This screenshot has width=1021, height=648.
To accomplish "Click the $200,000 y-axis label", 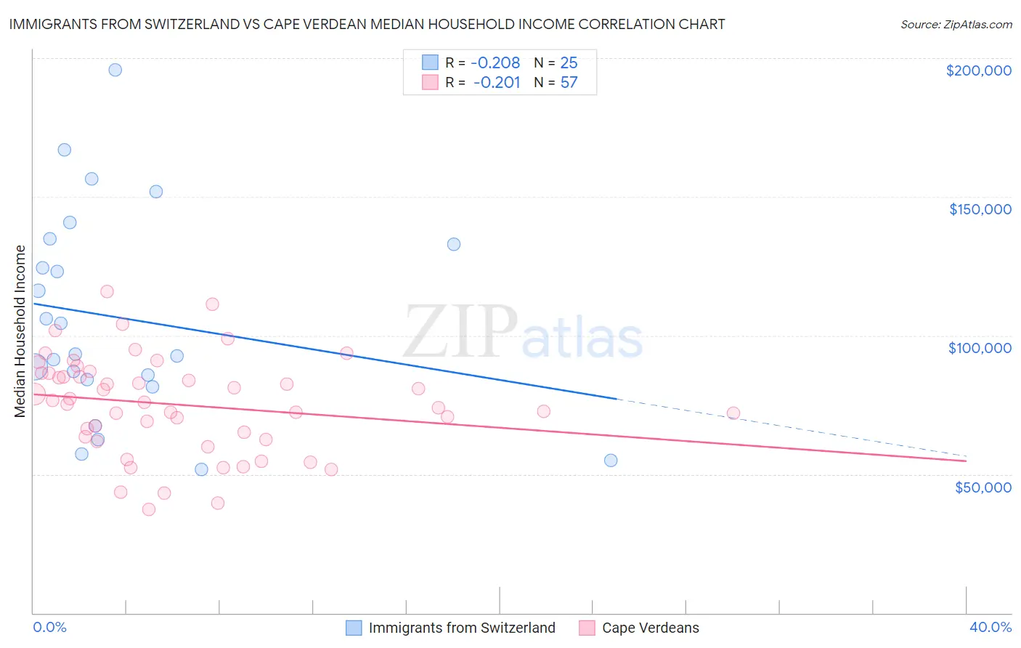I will click(x=978, y=70).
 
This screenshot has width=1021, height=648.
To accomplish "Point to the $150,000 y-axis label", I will click(x=980, y=209).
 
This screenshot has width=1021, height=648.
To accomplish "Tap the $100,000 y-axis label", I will click(x=980, y=348).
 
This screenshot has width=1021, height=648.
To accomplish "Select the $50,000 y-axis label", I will click(x=983, y=487).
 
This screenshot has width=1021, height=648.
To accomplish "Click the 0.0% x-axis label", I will click(x=49, y=627).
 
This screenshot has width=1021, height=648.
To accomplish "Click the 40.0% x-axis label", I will click(x=991, y=627).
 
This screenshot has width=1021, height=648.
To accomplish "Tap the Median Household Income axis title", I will click(x=20, y=331).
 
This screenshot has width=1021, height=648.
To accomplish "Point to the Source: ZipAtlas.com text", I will click(x=956, y=25).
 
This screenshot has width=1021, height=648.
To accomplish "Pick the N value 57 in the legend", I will click(x=569, y=82).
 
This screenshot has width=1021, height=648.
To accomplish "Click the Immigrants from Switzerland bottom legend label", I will click(x=462, y=628).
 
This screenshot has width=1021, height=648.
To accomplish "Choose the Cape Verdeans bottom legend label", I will click(x=651, y=628).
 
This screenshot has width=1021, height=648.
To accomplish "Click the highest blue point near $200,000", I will click(x=115, y=70).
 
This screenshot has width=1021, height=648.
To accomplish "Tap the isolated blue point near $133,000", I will click(x=454, y=244).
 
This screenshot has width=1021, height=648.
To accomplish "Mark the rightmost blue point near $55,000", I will click(x=611, y=460).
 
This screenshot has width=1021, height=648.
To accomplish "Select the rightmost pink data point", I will click(x=733, y=413).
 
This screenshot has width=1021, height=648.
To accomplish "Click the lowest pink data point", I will click(x=149, y=509).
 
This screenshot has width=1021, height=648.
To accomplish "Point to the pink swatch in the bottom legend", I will click(x=587, y=628).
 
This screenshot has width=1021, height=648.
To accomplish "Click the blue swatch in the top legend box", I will click(x=430, y=62).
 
